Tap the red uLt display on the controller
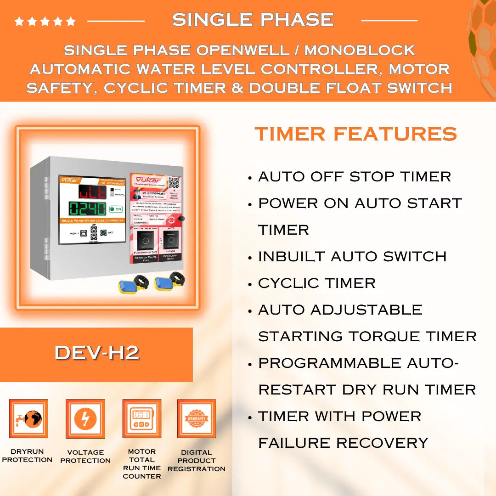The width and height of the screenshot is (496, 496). point(91,191)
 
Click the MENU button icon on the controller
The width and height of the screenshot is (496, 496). point(84,233)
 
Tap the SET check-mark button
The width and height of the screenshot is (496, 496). point(103,233)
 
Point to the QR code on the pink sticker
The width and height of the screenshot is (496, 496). point(174,182)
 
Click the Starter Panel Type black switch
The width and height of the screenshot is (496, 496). point(146,239)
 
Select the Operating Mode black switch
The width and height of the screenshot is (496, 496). point(171,239)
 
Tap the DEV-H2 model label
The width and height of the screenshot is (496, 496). point(96,353)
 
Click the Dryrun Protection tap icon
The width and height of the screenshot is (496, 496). point(28,418)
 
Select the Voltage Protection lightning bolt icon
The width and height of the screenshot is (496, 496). point(85,418)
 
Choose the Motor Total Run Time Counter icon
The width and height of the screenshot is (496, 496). point(141,418)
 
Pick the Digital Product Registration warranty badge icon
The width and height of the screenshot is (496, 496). point(197,418)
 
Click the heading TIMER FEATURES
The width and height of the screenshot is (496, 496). point(355,134)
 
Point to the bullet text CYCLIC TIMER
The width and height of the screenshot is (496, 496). point(316,283)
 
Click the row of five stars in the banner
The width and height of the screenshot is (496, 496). point(45,21)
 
